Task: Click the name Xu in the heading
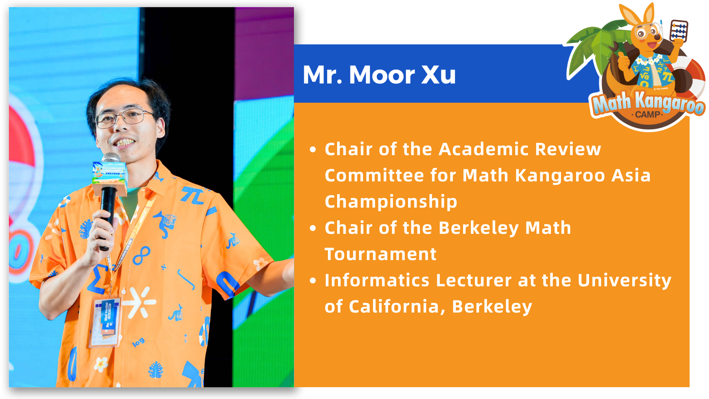click(x=439, y=75)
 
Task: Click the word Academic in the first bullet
click(x=484, y=149)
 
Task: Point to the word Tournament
click(x=381, y=254)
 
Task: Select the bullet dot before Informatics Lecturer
click(x=313, y=281)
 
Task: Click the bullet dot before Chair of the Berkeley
click(x=313, y=229)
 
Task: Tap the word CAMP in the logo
click(x=648, y=115)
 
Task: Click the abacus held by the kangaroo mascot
click(x=679, y=31)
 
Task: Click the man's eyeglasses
click(x=124, y=118)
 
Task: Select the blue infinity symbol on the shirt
click(x=141, y=256)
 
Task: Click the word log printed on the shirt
click(x=138, y=342)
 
